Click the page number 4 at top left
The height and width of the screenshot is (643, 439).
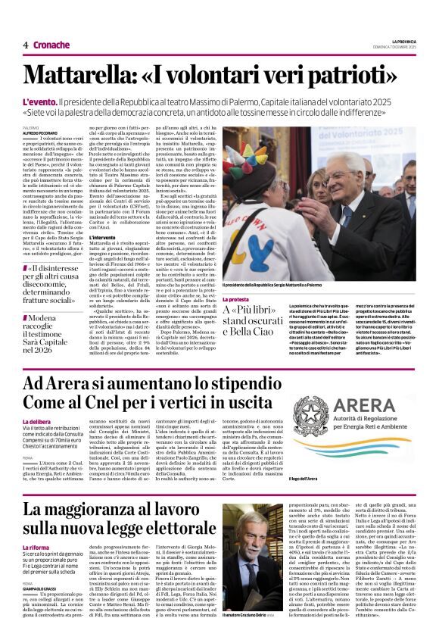click(25, 45)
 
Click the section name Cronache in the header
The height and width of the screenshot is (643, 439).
click(51, 45)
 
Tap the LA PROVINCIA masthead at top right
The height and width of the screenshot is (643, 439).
click(405, 40)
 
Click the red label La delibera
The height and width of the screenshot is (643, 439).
click(37, 421)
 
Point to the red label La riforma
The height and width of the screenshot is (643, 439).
click(36, 546)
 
